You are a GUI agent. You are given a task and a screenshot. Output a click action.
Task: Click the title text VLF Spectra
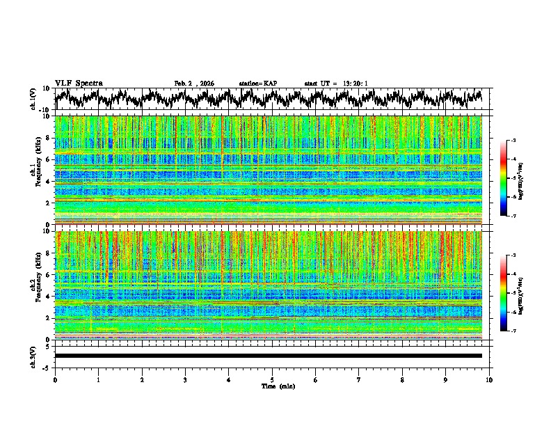pyautogui.click(x=79, y=83)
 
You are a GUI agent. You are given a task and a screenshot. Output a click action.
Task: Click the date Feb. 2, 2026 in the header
pyautogui.click(x=194, y=84)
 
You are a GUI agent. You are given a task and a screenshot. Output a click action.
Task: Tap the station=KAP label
pyautogui.click(x=257, y=84)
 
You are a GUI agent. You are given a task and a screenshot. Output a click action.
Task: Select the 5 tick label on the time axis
pyautogui.click(x=272, y=379)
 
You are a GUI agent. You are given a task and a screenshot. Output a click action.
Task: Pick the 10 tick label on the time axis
pyautogui.click(x=490, y=379)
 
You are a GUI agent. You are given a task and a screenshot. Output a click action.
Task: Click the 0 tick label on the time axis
pyautogui.click(x=55, y=379)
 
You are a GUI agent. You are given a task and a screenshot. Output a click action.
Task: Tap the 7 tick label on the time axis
pyautogui.click(x=359, y=379)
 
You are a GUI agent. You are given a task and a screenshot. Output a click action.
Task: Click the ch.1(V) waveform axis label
pyautogui.click(x=33, y=99)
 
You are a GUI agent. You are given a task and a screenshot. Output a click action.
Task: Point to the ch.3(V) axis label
pyautogui.click(x=33, y=356)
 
